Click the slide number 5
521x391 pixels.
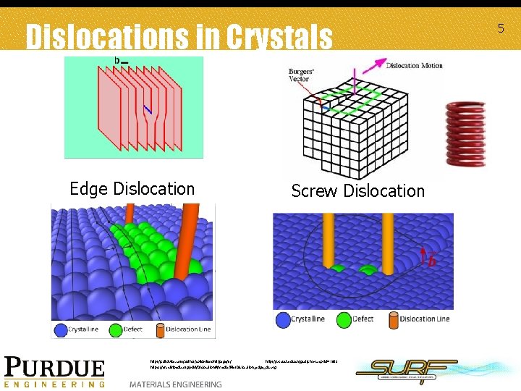(500, 28)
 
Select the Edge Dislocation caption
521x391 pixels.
(132, 189)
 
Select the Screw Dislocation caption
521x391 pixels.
(357, 191)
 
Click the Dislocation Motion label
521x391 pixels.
(414, 66)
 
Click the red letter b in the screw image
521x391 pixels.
(432, 261)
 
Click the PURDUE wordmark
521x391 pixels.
(55, 368)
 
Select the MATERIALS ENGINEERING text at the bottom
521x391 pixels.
(175, 384)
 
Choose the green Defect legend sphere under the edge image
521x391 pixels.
(114, 329)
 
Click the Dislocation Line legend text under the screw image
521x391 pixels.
(425, 319)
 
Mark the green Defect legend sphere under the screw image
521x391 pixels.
(344, 319)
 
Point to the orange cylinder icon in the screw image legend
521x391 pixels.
(393, 319)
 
